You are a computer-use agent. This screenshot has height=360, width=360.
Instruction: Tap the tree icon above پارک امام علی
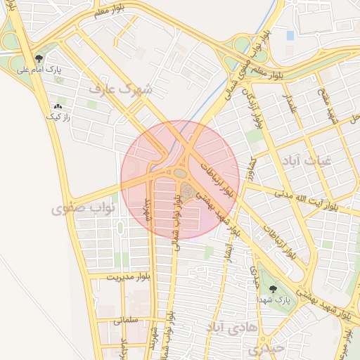click(40, 59)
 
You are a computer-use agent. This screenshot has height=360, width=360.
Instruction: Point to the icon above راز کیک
click(57, 106)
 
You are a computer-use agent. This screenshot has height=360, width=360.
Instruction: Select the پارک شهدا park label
click(273, 300)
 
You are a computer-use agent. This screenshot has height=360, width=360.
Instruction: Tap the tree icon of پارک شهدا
click(273, 288)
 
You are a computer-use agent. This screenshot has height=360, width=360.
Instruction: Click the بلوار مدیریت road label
click(129, 278)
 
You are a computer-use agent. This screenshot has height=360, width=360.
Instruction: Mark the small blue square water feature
click(290, 35)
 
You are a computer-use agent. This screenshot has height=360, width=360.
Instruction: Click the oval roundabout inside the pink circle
click(181, 172)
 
